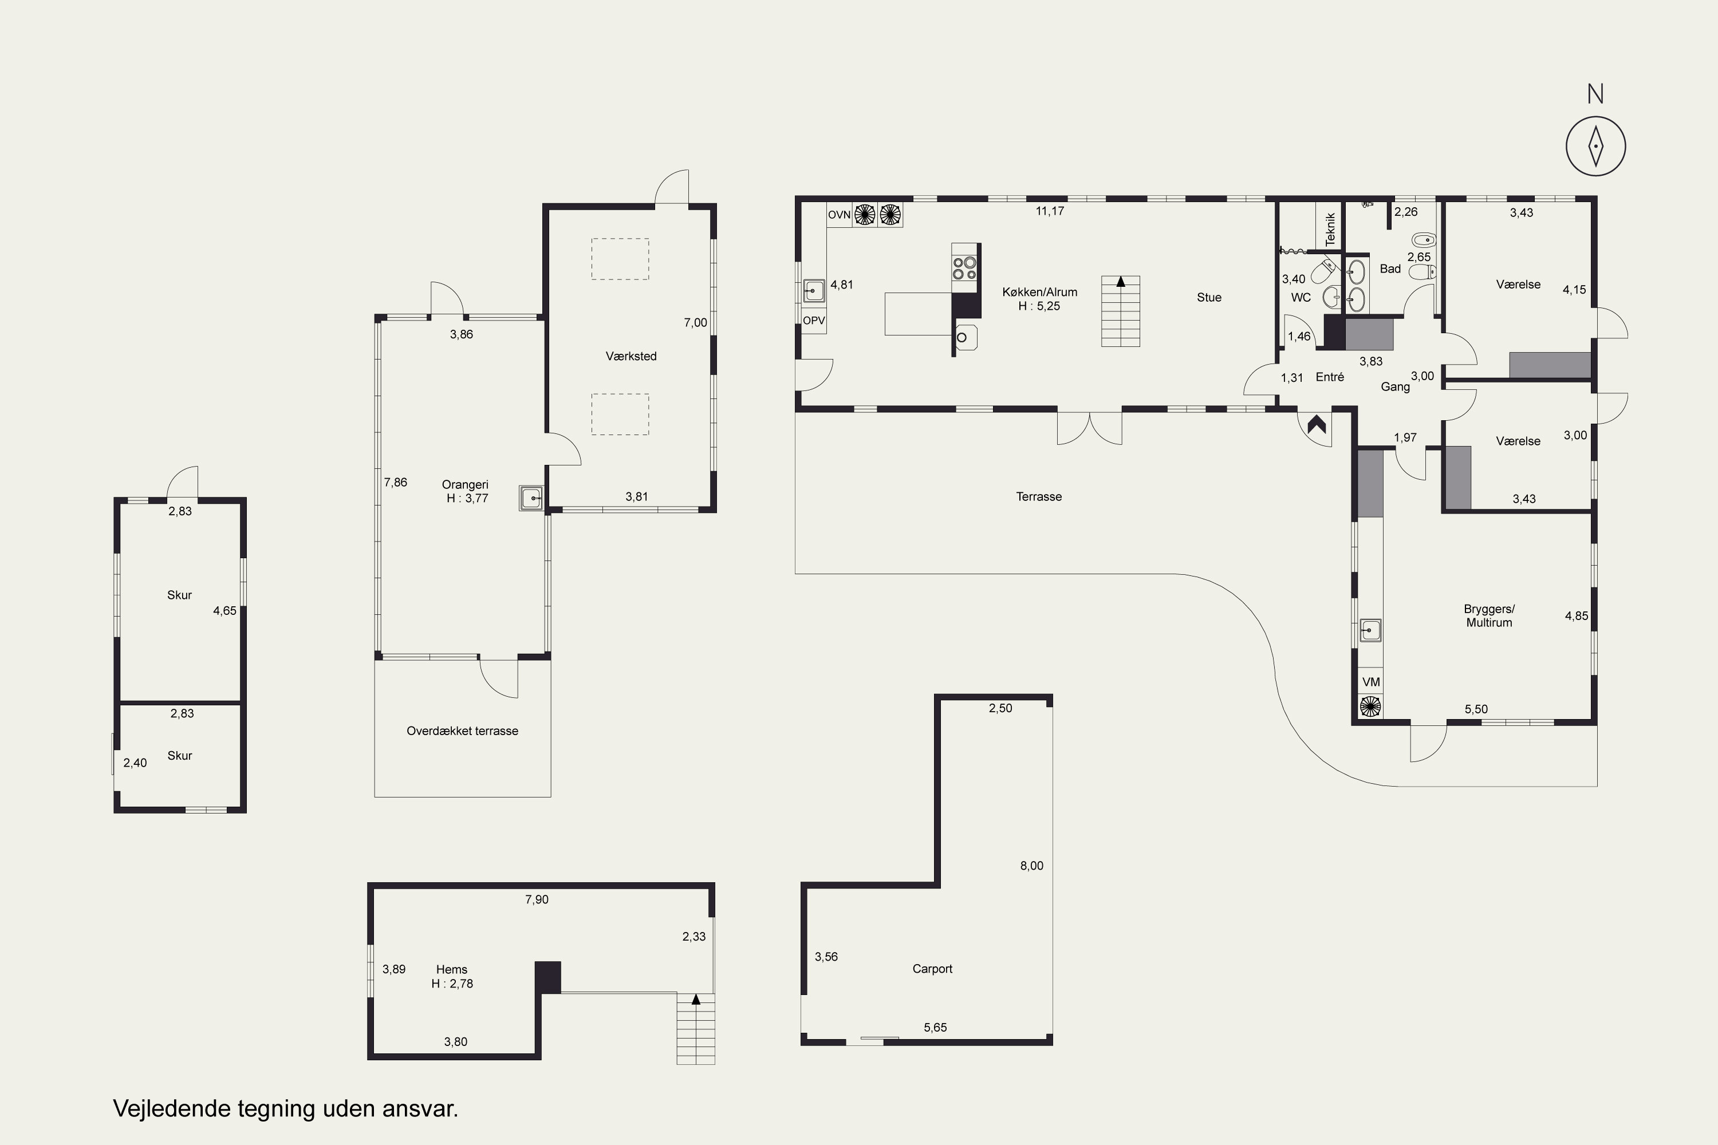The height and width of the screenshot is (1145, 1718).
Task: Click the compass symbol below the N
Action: pos(1596,146)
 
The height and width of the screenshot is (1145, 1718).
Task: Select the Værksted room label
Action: pos(631,356)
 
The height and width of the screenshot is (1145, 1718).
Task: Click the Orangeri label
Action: pos(465,485)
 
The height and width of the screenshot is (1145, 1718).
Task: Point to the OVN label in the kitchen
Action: pos(840,215)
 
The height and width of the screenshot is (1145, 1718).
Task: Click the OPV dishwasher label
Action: pos(814,321)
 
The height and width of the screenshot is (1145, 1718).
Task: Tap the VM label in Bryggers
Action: pos(1371,682)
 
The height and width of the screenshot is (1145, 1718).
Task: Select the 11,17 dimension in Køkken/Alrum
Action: pos(1050,211)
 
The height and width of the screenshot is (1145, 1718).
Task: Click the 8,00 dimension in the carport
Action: pos(1031,866)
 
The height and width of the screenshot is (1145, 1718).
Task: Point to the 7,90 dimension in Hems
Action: pos(537,899)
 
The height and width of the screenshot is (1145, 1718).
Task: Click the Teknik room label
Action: pos(1330,228)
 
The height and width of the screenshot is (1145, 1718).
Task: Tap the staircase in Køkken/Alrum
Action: pos(1121,311)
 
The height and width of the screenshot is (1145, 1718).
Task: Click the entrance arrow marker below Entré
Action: pos(1316,424)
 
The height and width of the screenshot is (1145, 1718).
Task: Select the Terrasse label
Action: pos(1039,496)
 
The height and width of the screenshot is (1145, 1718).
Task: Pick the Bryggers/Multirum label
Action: pos(1490,615)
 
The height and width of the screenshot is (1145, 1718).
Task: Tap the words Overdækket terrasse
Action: pos(462,731)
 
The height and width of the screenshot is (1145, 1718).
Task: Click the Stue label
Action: pos(1209,297)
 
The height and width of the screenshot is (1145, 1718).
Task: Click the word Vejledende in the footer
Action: pos(172,1108)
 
